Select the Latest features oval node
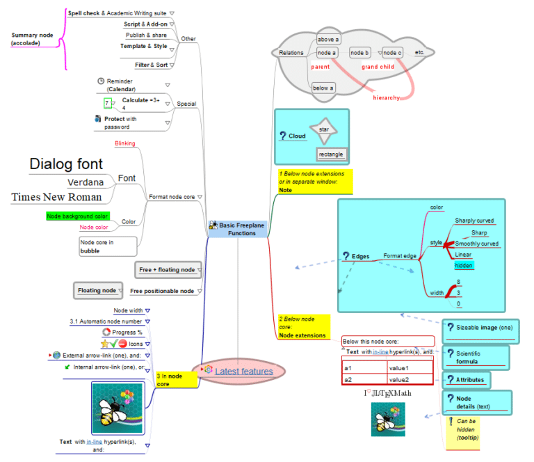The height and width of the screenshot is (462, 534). pyautogui.click(x=239, y=372)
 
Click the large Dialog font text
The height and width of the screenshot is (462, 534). pyautogui.click(x=66, y=164)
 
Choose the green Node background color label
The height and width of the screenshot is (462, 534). pyautogui.click(x=77, y=216)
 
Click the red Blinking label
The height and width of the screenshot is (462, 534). pyautogui.click(x=124, y=143)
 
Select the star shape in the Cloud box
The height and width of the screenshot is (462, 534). pyautogui.click(x=324, y=129)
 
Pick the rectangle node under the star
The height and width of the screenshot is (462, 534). pyautogui.click(x=331, y=154)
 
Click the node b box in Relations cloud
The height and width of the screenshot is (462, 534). pyautogui.click(x=359, y=53)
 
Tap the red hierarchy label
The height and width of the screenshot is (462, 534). pyautogui.click(x=387, y=98)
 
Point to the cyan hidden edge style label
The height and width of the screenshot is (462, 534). pyautogui.click(x=464, y=265)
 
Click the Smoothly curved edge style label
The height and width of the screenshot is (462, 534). pyautogui.click(x=476, y=244)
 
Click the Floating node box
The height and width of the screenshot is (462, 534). pyautogui.click(x=97, y=290)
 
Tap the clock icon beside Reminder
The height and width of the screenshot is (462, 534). pyautogui.click(x=101, y=81)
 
